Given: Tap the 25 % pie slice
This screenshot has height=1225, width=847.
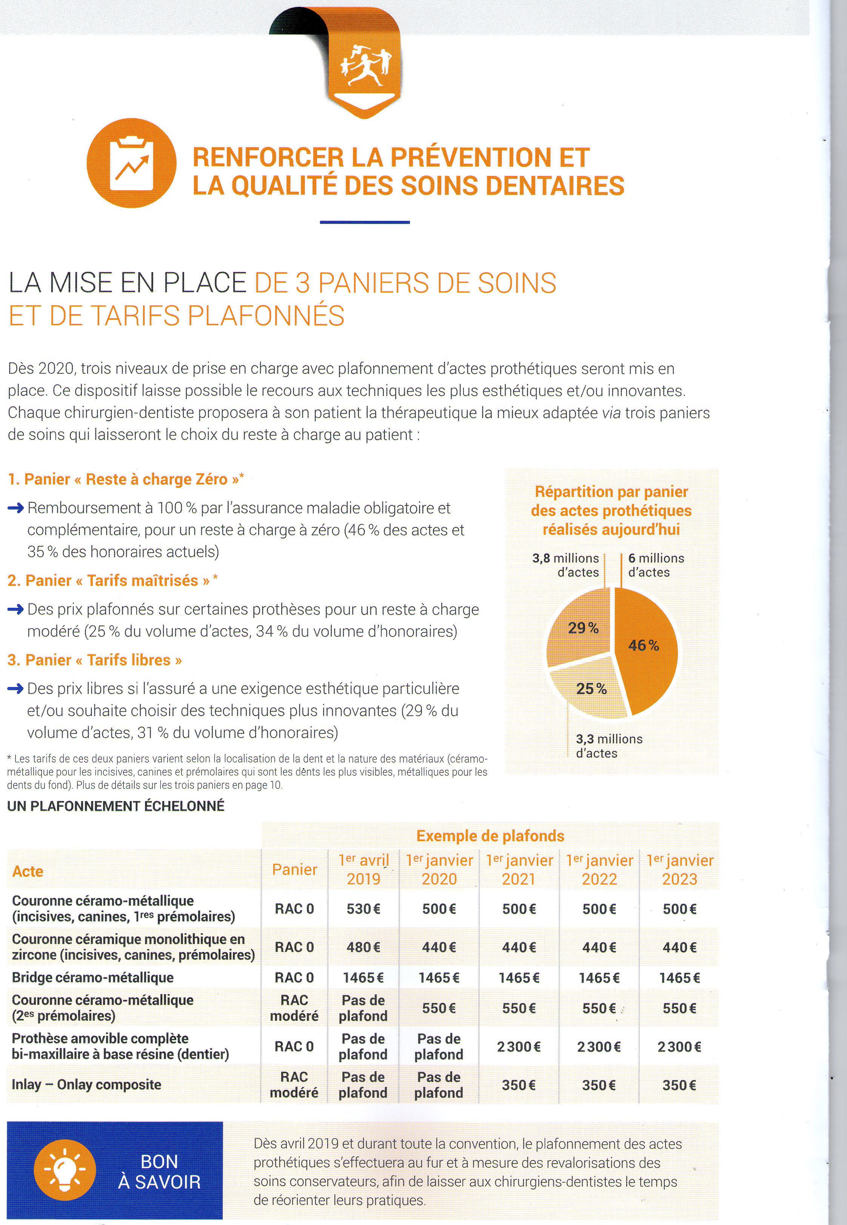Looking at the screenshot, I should [589, 690].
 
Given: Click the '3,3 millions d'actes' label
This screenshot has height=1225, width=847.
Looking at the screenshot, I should [609, 746].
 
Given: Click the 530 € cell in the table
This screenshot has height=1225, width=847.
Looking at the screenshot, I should [363, 909].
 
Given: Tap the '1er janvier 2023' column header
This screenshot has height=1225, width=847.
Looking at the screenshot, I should [680, 869].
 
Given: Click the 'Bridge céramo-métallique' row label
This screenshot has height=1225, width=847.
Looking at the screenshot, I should [92, 978].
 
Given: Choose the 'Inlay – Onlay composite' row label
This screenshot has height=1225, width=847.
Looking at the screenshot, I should [86, 1084].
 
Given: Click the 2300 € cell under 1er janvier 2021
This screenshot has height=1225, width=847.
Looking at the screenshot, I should [519, 1047].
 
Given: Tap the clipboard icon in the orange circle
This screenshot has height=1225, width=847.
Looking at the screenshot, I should [131, 163].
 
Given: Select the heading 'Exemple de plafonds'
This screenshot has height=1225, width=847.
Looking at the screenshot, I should [490, 836].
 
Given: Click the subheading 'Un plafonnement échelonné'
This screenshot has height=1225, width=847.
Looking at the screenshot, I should [116, 806].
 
